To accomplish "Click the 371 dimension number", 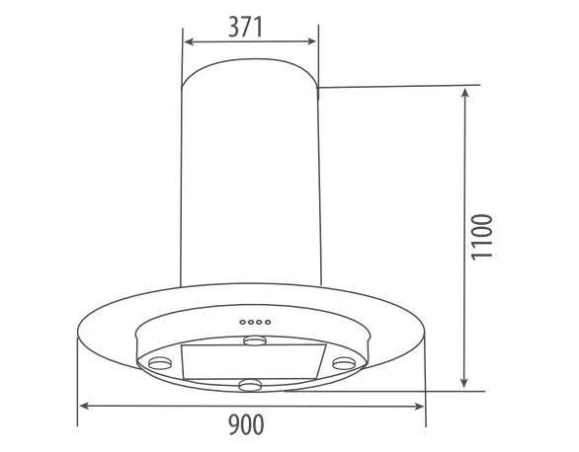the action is point(245,27).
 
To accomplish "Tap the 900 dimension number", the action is point(246,424).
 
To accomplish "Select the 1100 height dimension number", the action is point(482,237).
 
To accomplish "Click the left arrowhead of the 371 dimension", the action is point(189,41).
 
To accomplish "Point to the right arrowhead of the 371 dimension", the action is point(311,41).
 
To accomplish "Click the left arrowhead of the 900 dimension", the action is point(85,406).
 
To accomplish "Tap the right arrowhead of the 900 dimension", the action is point(418,407).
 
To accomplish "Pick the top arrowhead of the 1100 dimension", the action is point(465,94).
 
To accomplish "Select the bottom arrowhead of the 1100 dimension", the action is point(464,382).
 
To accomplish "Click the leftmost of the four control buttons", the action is point(243,323).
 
